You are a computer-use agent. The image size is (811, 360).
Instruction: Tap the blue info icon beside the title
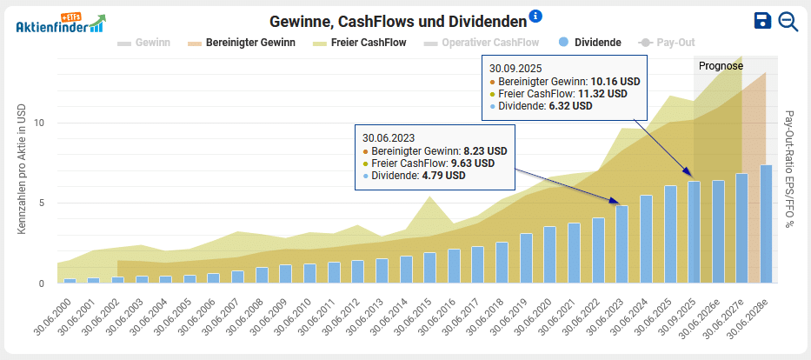click(x=535, y=17)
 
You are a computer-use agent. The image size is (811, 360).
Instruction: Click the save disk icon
click(x=762, y=21)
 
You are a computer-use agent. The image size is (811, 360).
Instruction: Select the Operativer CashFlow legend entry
click(x=482, y=42)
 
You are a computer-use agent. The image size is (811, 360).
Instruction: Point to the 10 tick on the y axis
click(x=38, y=123)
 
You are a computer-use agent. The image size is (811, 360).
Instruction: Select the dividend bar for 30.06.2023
click(x=622, y=244)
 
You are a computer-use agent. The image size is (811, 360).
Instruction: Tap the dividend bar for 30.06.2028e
click(x=766, y=223)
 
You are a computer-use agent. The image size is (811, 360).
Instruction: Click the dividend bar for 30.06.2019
click(x=526, y=258)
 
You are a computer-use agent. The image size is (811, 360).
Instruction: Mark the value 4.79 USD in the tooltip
click(x=443, y=175)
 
